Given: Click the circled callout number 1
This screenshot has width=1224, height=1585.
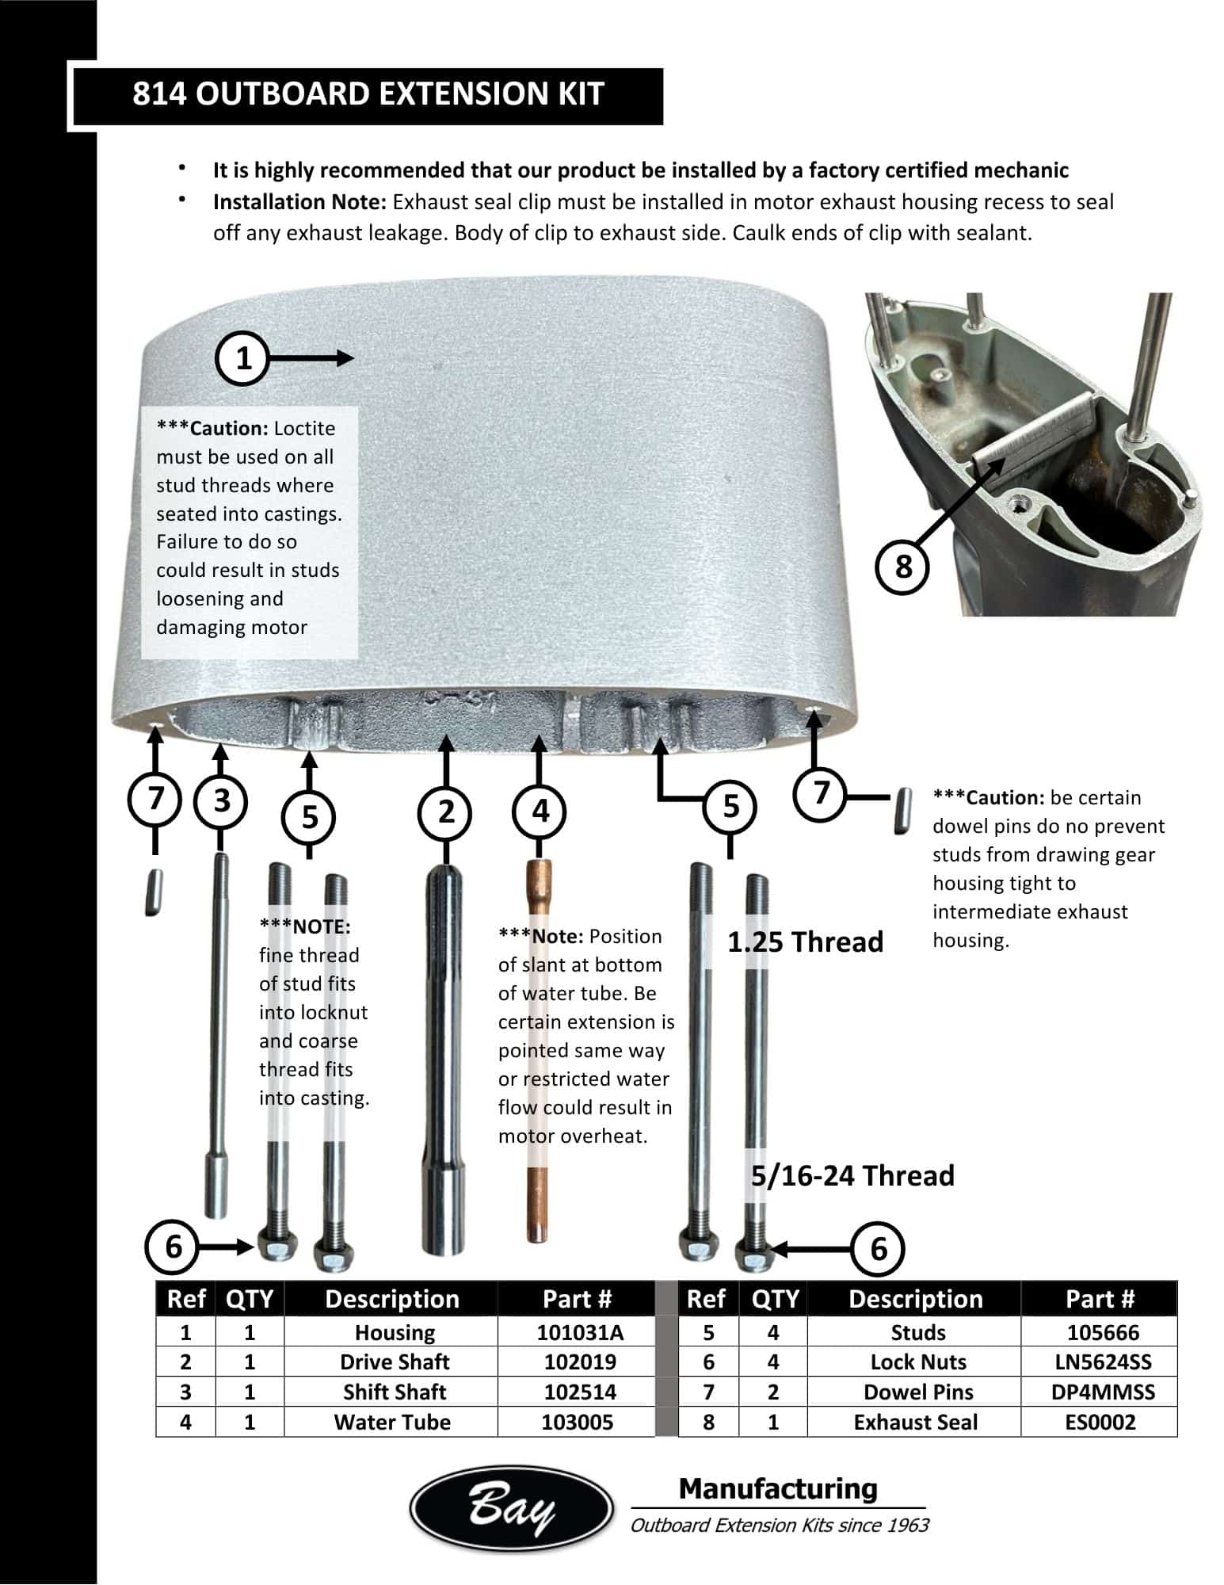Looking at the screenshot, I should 243,358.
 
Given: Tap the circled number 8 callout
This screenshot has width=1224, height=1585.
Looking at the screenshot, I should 902,567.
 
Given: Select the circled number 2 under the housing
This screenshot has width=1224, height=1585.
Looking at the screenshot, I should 446,812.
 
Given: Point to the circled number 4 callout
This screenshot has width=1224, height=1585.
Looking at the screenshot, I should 540,812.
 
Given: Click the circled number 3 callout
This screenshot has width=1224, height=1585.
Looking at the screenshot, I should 222,800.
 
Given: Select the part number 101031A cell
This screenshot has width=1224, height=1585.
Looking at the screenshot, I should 580,1332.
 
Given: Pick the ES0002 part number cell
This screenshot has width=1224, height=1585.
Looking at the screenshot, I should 1100,1422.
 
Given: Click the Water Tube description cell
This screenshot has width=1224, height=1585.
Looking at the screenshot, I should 392,1422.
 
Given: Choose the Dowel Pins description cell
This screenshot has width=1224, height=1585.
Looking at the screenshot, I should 917,1392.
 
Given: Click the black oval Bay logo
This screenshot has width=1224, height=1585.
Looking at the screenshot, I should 511,1509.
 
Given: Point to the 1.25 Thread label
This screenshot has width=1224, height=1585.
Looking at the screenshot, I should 805,941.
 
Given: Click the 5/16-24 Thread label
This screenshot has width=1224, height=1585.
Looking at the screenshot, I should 852,1175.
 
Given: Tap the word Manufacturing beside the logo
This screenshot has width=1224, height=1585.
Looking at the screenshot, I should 778,1488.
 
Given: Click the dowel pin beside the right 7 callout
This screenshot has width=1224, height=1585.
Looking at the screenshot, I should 901,810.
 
